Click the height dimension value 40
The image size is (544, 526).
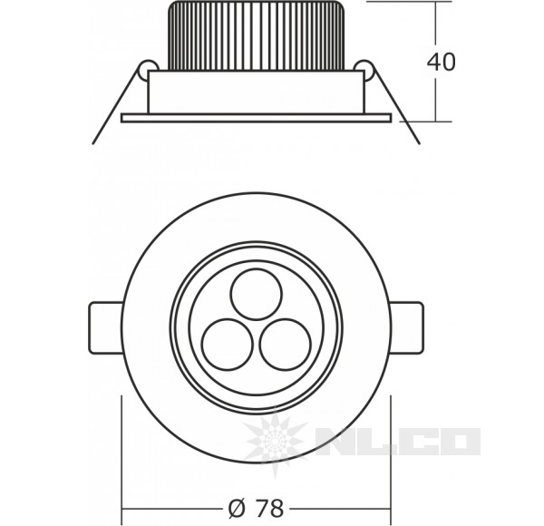coord(442,62)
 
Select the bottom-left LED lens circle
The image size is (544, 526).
coord(223,343)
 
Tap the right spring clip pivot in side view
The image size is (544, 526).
coord(364,69)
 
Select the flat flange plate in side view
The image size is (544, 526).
coord(256,117)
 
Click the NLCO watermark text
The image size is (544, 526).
coord(399,442)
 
